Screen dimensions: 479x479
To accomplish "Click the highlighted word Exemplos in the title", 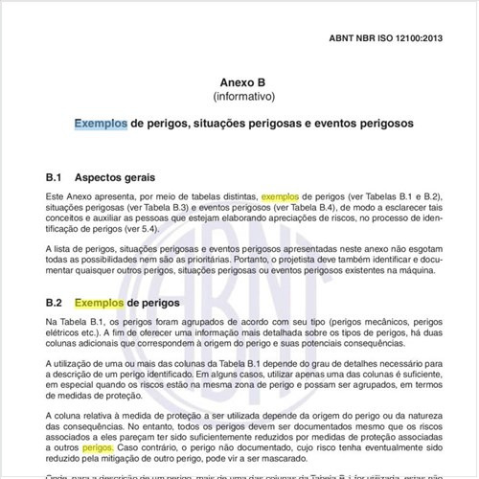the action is (x=101, y=125).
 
